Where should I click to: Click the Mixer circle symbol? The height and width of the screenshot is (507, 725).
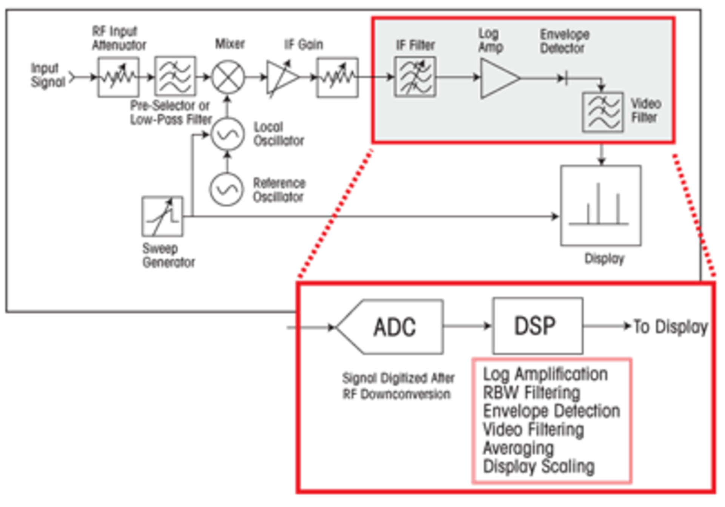tap(228, 77)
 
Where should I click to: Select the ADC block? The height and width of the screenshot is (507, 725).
tap(393, 327)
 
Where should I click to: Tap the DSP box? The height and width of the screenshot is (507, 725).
tap(537, 326)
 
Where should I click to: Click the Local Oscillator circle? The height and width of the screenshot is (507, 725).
tap(227, 134)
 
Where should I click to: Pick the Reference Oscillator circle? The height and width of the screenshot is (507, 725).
tap(226, 189)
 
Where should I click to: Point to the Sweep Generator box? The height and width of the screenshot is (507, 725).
tap(162, 216)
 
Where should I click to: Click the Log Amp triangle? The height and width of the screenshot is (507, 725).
tap(498, 78)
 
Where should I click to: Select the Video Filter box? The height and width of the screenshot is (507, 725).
tap(603, 112)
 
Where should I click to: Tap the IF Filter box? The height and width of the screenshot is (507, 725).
tap(415, 77)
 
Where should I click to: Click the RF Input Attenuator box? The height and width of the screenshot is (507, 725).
tap(118, 77)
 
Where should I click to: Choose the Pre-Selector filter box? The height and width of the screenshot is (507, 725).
tap(175, 77)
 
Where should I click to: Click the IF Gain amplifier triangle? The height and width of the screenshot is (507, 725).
tap(281, 77)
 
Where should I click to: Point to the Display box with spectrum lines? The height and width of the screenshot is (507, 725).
tap(600, 206)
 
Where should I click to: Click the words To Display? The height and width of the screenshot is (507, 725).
tap(670, 327)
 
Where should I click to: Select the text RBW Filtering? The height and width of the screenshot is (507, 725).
tap(531, 393)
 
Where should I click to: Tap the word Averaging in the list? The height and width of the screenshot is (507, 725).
tap(518, 448)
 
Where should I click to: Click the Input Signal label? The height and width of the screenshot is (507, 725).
tap(47, 75)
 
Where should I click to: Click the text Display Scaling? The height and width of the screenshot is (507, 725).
tap(539, 466)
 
